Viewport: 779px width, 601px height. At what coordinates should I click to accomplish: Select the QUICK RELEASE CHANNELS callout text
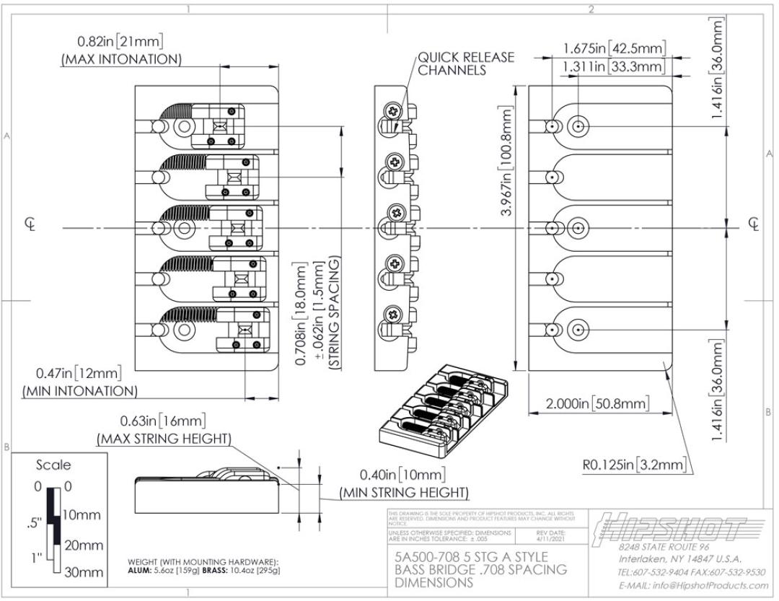pos(467,63)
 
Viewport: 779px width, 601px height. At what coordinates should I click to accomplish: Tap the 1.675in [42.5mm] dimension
pos(614,49)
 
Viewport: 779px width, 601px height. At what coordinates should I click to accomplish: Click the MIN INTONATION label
pos(79,390)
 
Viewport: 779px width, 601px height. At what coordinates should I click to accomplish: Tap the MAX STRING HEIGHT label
pos(164,438)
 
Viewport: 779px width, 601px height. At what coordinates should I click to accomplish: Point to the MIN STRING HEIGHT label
pos(404,492)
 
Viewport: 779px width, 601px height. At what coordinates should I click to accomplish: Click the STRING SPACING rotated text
pos(335,315)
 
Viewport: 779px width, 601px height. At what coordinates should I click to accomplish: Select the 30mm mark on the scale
pos(82,574)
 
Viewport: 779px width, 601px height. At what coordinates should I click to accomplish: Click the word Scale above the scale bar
pos(53,464)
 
